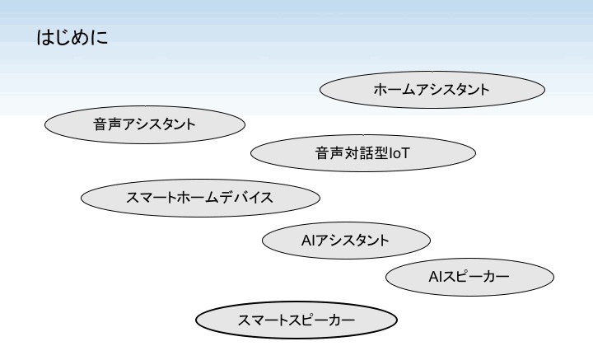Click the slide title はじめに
pos(72,39)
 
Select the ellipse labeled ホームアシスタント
pos(432,90)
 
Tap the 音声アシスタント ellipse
pos(145,125)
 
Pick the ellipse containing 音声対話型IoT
pos(362,153)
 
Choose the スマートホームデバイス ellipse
pos(200,198)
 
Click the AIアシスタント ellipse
pos(346,240)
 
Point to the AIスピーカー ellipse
pos(469,277)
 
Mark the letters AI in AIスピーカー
pos(437,277)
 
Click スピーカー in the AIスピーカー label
pos(478,277)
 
